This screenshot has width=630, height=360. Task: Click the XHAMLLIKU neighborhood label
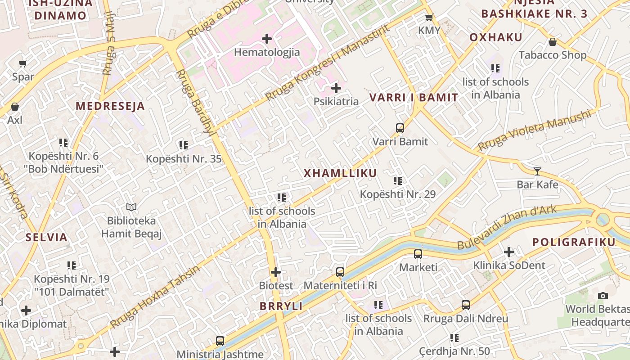[x=340, y=173]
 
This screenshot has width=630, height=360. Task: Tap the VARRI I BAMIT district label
[x=414, y=97]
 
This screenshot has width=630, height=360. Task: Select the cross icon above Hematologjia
[x=267, y=39]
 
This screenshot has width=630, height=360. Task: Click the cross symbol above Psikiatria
[x=336, y=88]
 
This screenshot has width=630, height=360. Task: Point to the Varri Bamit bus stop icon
[x=400, y=128]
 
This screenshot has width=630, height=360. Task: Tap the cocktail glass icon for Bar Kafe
[x=537, y=171]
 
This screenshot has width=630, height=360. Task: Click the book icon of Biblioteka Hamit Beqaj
[x=131, y=207]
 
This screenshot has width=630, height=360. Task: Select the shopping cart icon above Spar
[x=23, y=64]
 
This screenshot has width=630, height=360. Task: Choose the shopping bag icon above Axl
[x=15, y=107]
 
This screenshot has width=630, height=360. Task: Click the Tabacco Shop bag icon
[x=553, y=42]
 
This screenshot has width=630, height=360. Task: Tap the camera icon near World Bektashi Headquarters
[x=603, y=296]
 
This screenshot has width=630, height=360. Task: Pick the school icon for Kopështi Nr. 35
[x=183, y=145]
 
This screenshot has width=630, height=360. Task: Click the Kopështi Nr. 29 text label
[x=398, y=194]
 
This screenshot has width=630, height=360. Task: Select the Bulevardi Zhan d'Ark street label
[x=507, y=227]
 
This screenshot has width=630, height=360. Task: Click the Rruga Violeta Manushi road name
[x=534, y=130]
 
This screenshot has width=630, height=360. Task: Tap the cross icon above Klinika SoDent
[x=509, y=252]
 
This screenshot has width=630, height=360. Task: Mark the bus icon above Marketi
[x=418, y=254]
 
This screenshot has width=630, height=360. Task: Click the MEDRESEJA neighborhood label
[x=110, y=106]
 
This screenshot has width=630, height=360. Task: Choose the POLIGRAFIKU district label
[x=574, y=242]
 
